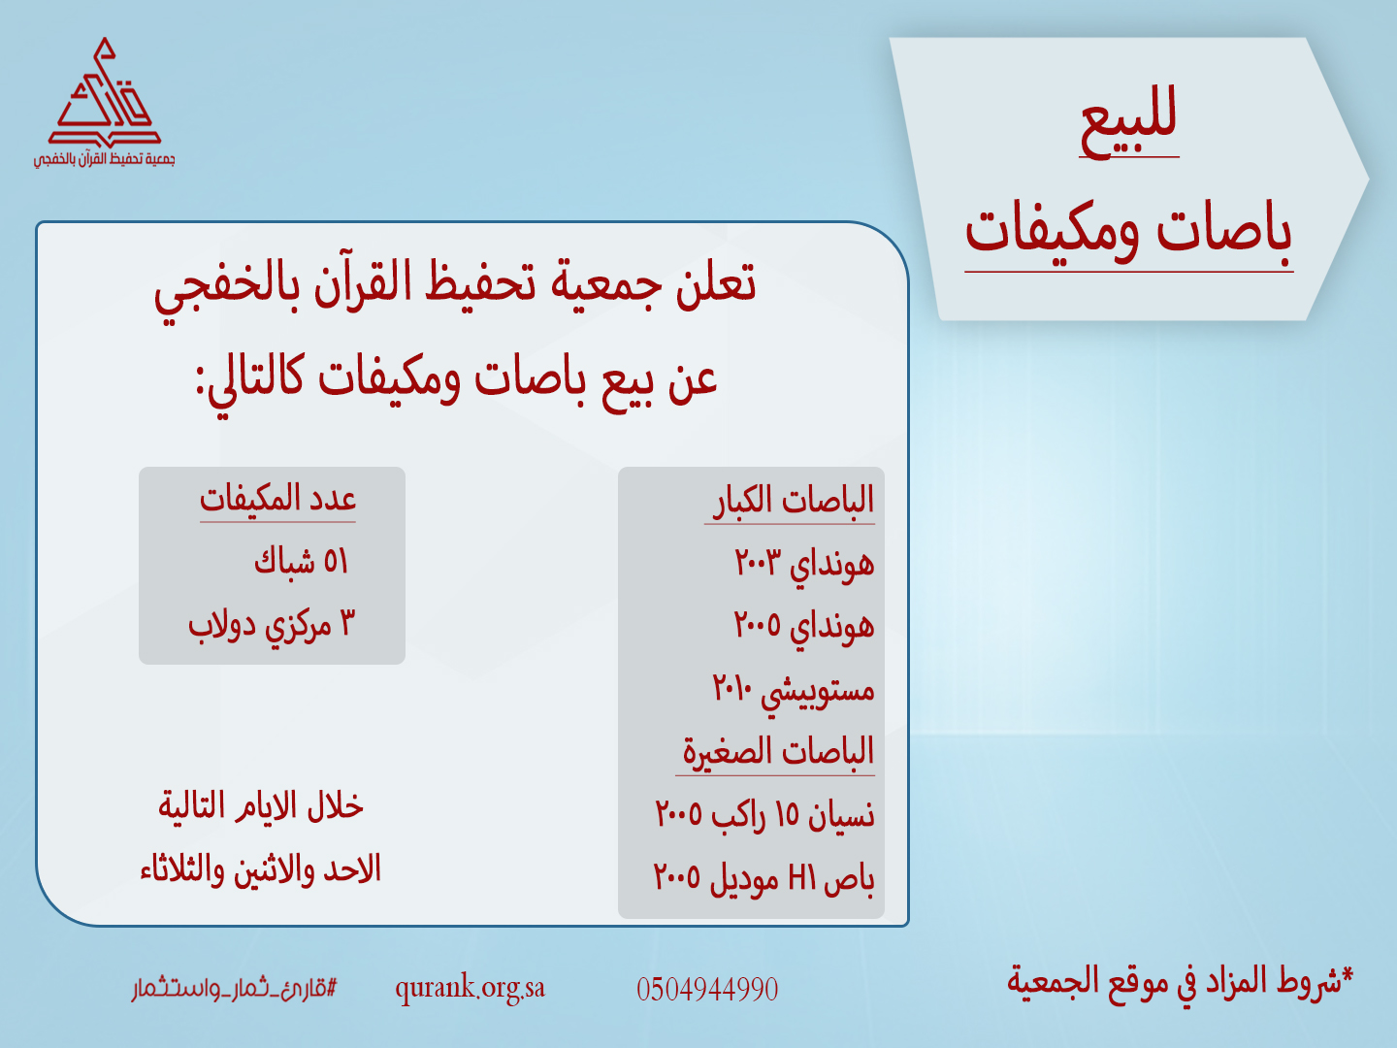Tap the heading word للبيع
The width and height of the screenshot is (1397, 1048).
1128,121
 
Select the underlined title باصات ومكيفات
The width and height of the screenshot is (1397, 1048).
1128,232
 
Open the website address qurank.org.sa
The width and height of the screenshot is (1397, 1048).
470,989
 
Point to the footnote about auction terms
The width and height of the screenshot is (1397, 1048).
1180,980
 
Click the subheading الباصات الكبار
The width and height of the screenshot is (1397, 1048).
793,500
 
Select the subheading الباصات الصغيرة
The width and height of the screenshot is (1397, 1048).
778,752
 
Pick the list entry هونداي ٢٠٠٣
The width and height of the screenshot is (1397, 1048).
804,564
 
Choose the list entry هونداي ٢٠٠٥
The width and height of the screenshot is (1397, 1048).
804,626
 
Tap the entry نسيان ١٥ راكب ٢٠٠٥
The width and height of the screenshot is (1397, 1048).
765,815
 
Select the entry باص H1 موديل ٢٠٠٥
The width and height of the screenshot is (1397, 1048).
764,879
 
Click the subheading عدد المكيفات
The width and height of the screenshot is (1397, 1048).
278,499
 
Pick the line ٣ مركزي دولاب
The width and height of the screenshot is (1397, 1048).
272,625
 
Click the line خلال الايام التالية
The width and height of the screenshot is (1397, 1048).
261,805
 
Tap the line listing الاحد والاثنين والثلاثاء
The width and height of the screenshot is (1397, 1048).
261,869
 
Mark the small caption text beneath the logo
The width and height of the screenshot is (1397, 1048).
105,160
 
